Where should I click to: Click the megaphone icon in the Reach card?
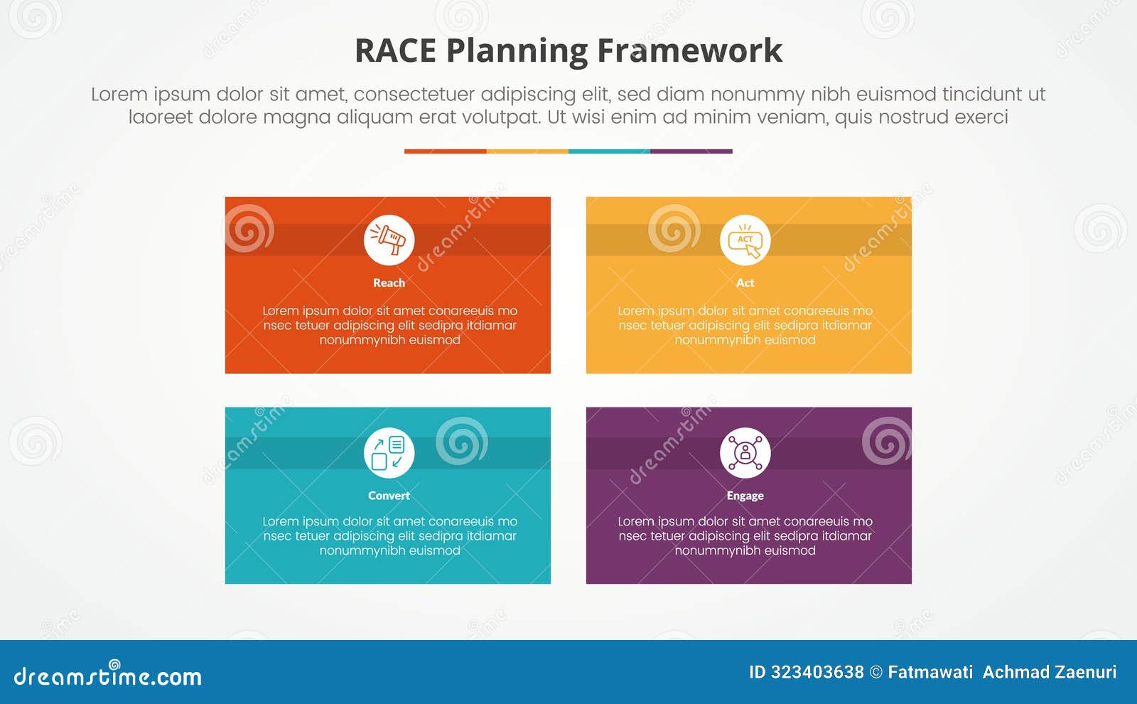(x=389, y=240)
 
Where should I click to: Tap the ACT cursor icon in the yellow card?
(x=745, y=240)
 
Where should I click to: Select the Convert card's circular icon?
(x=389, y=453)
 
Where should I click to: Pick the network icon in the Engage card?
(x=745, y=453)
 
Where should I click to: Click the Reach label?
(x=389, y=282)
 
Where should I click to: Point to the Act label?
(x=745, y=282)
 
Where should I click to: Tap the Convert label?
(x=389, y=496)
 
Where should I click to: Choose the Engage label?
(x=745, y=496)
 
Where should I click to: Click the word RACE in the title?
(x=395, y=51)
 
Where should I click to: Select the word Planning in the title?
(x=517, y=51)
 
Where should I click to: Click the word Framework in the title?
(x=689, y=51)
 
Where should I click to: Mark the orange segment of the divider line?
(x=445, y=151)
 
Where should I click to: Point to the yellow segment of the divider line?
(x=527, y=151)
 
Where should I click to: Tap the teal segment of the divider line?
(x=609, y=151)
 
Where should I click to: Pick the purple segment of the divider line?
(x=691, y=151)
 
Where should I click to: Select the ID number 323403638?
(x=817, y=672)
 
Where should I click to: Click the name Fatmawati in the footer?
(x=930, y=672)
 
